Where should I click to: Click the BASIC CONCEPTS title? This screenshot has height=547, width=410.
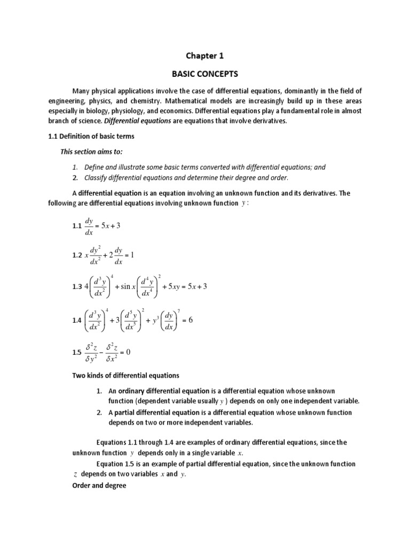(x=205, y=74)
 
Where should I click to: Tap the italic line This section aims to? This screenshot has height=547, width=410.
(x=92, y=152)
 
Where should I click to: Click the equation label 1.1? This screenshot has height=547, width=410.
(x=77, y=226)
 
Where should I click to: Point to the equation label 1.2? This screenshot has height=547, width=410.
(x=77, y=255)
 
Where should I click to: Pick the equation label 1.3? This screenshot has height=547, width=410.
(x=77, y=287)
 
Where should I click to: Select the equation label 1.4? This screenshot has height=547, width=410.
(x=77, y=321)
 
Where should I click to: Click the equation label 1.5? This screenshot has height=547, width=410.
(x=77, y=353)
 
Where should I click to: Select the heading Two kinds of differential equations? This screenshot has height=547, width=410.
(x=125, y=375)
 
